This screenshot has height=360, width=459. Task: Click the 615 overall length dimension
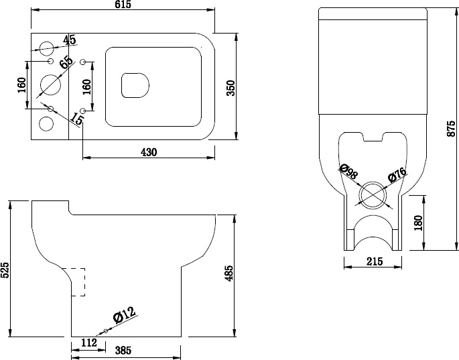point(123,5)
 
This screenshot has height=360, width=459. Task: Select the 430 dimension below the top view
point(148,152)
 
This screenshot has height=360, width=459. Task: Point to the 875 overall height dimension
point(450,129)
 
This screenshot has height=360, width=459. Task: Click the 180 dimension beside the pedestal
point(418,223)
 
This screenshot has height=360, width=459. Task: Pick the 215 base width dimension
point(374,262)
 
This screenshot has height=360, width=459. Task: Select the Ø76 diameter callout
point(398,176)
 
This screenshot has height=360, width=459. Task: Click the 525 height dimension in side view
point(5,269)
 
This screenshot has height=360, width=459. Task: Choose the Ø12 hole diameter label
point(124,314)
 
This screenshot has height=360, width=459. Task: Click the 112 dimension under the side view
point(88,343)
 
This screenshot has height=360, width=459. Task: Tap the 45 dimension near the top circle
point(70,40)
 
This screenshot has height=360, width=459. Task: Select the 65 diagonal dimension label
point(66,63)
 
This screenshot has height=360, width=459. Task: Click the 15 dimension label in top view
point(77,119)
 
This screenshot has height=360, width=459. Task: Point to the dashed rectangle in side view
point(77,282)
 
